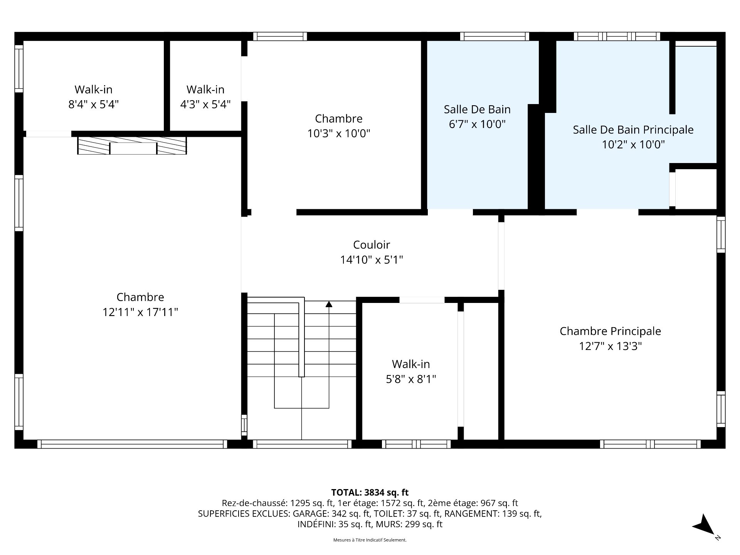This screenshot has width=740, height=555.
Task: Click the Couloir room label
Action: coord(372,245)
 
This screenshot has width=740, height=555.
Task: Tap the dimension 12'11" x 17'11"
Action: coord(140,312)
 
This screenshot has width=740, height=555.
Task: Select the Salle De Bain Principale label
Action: coord(633,130)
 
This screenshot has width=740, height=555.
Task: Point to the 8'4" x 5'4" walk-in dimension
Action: coord(94,104)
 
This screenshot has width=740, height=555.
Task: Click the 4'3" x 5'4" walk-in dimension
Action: coord(205,104)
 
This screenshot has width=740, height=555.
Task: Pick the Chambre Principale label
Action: coord(610,331)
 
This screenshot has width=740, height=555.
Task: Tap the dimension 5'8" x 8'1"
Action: coord(411,379)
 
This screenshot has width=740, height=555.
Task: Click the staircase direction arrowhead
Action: coord(329,304)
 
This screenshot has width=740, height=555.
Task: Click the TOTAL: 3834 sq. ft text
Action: coord(370,493)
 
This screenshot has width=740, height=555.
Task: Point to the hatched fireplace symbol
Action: coord(132,145)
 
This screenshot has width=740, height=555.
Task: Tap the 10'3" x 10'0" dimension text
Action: coord(339,133)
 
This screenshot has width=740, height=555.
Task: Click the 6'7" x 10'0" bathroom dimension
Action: coord(477,124)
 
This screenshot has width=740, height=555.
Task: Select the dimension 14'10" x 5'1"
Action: coord(372,260)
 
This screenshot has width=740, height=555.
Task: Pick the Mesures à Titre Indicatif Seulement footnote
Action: coord(370,540)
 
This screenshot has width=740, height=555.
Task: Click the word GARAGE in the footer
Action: coord(311,514)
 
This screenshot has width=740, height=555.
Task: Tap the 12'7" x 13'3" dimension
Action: coord(610,346)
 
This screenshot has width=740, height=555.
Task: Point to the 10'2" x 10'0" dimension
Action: coord(633,145)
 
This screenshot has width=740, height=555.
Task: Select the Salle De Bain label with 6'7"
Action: coord(477,109)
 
